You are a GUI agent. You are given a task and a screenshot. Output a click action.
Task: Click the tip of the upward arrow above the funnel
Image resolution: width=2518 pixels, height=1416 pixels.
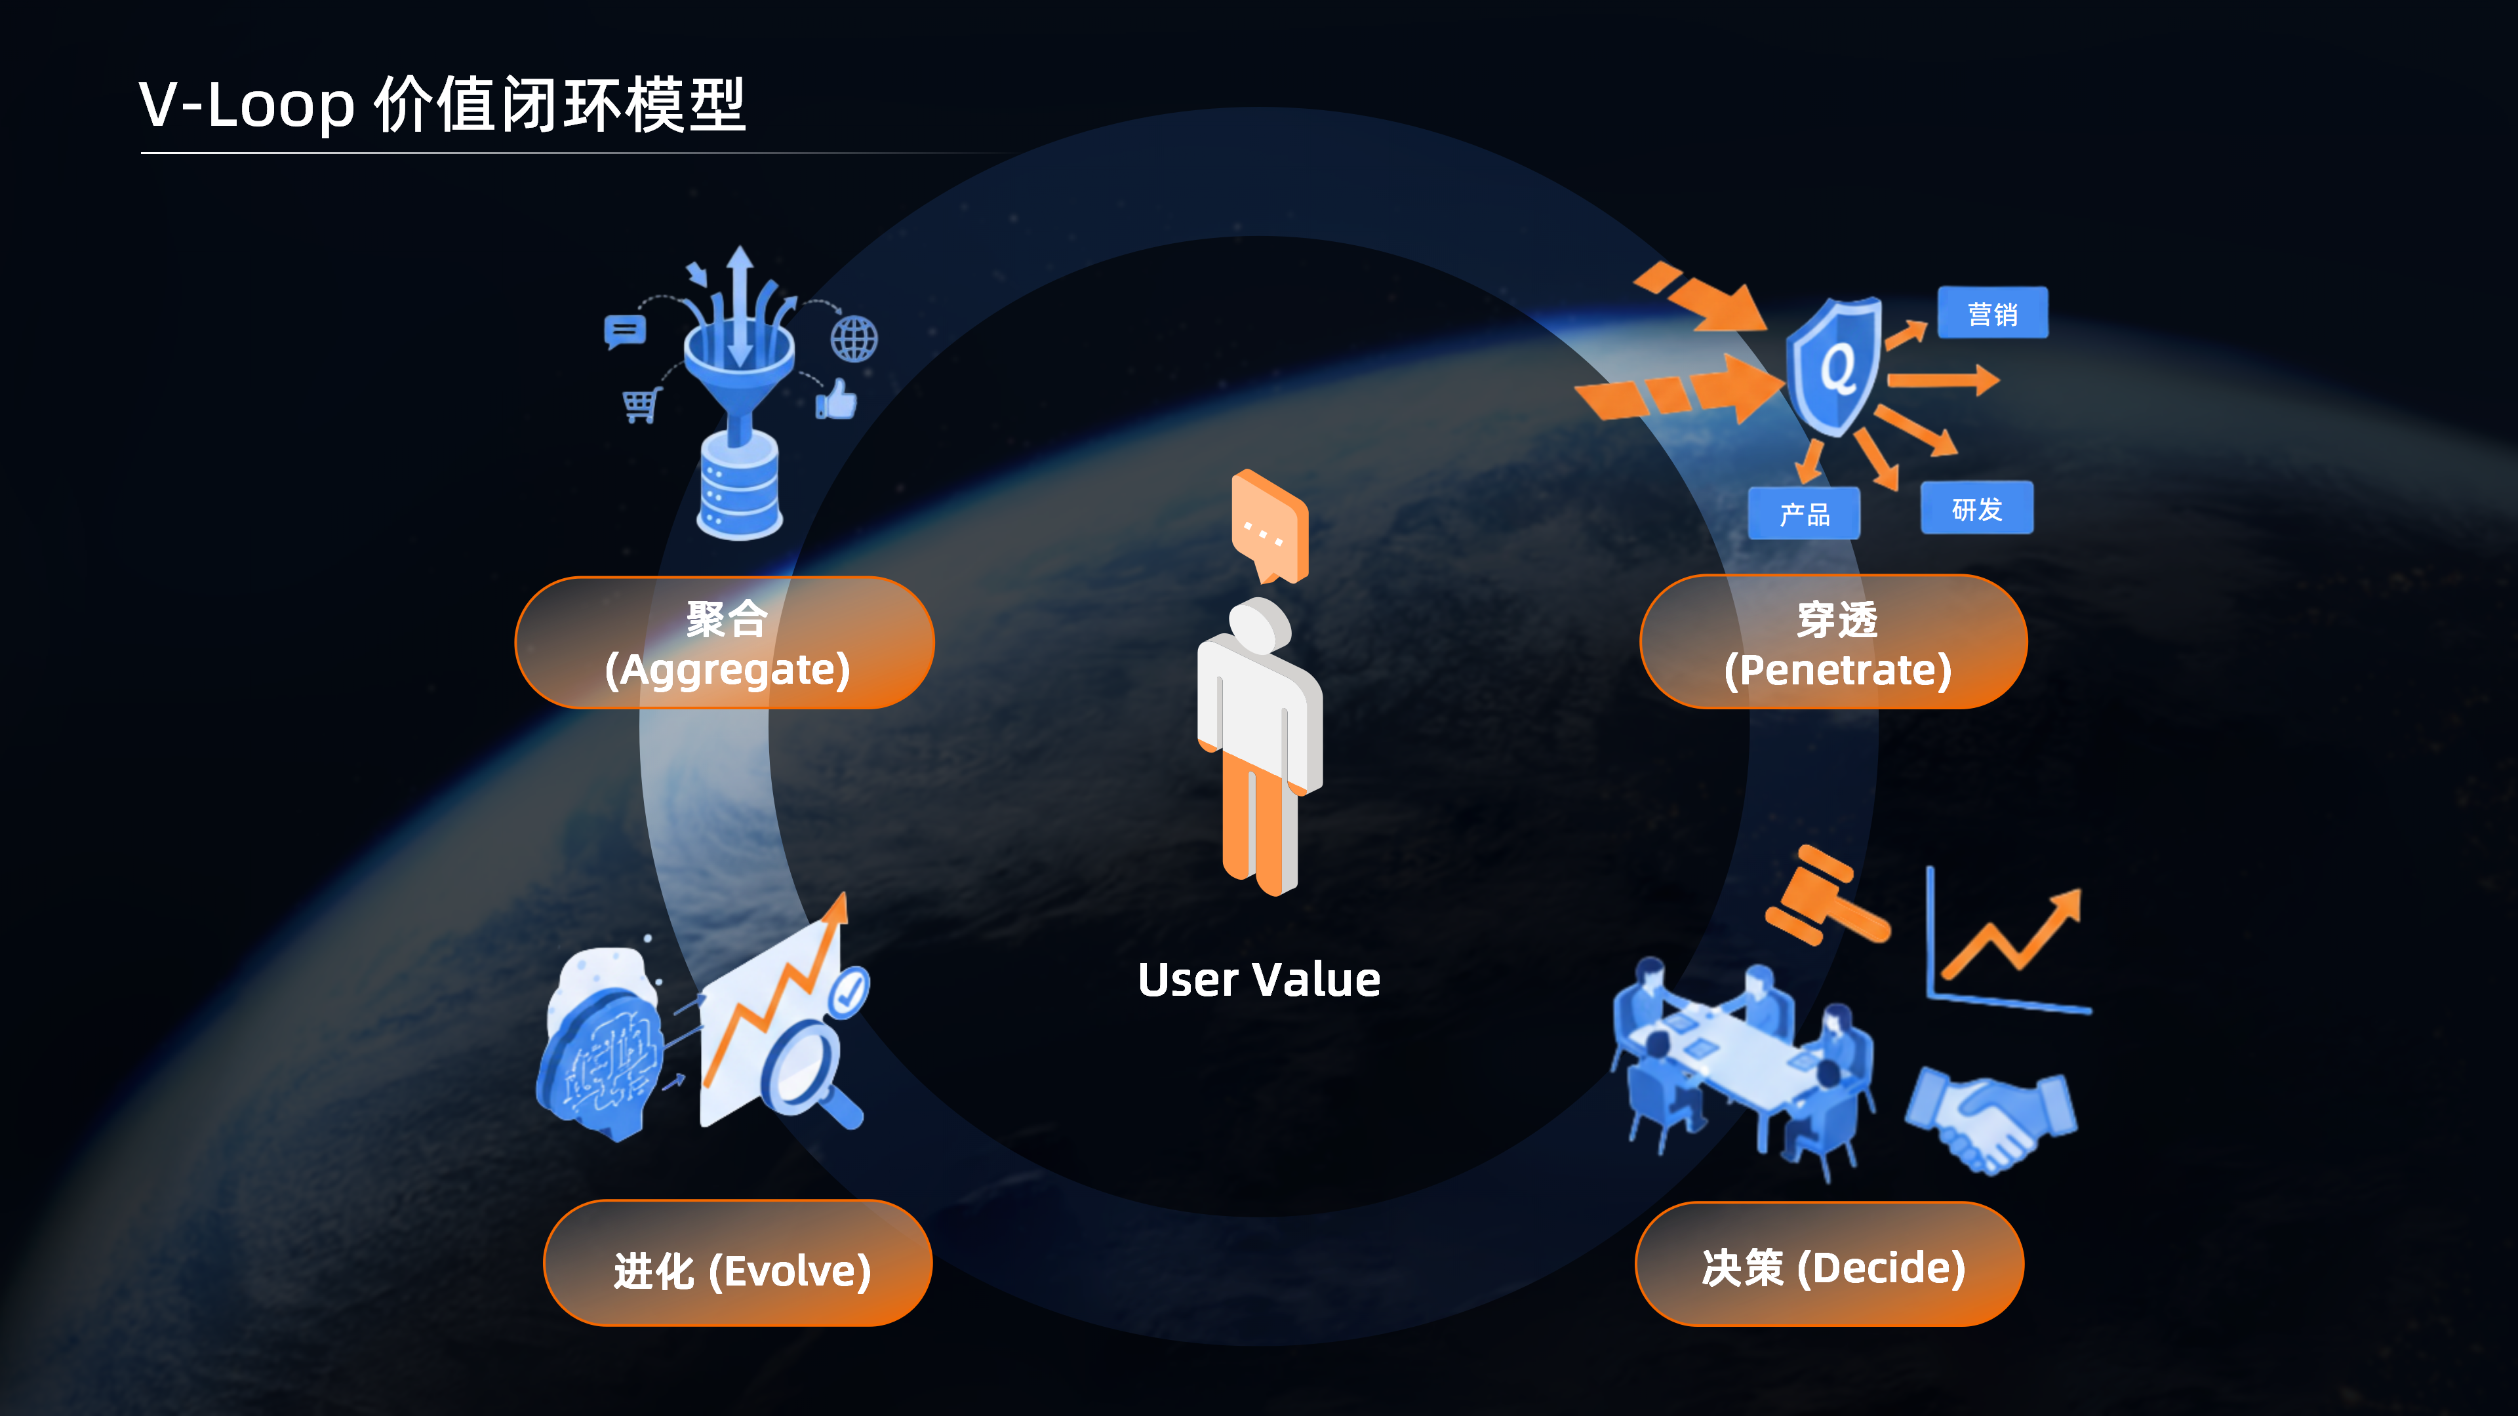click(x=740, y=246)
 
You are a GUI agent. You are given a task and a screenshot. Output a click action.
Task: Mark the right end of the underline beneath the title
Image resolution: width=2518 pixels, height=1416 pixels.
click(x=1007, y=153)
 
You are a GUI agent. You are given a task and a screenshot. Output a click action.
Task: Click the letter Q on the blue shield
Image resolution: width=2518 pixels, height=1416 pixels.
click(x=1837, y=368)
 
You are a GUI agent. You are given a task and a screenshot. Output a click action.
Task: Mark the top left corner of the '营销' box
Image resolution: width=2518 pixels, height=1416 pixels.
click(x=1938, y=287)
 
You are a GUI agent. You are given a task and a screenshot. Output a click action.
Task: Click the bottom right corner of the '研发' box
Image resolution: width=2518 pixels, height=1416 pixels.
click(x=2033, y=534)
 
